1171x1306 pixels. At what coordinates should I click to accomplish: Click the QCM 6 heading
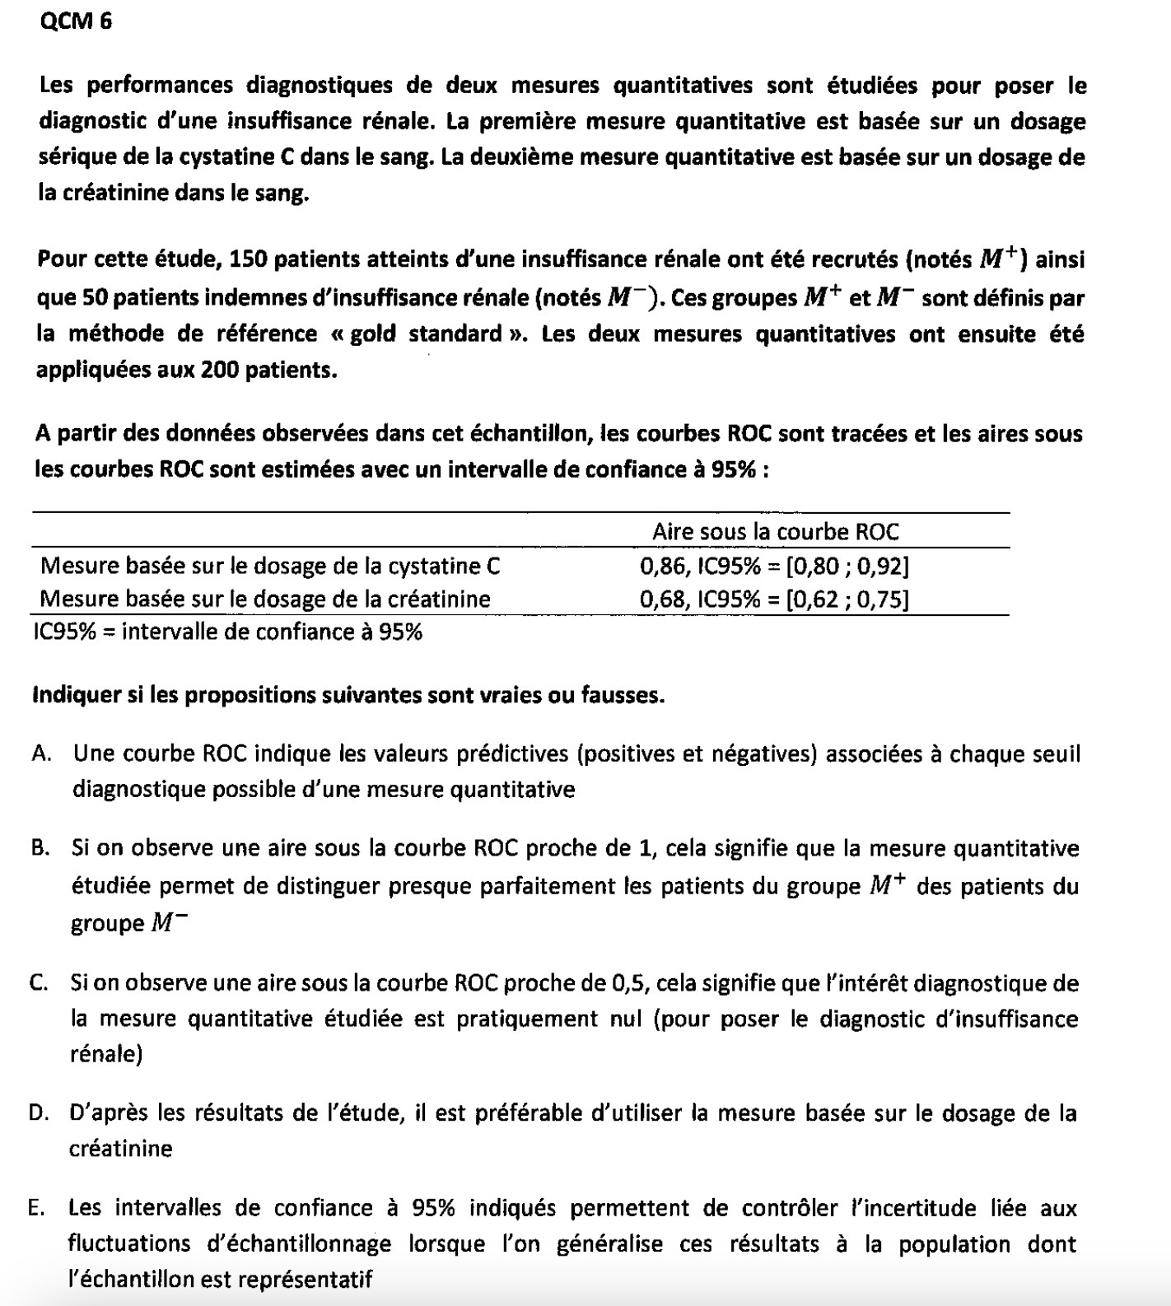coord(75,22)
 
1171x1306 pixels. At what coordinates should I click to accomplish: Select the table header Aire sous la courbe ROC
coord(775,532)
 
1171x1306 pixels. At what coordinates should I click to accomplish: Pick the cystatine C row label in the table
coord(270,566)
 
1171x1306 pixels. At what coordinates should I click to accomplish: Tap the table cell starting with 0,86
coord(774,566)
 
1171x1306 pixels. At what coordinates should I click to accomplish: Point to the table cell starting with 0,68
coord(774,599)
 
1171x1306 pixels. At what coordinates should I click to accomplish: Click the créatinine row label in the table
coord(265,599)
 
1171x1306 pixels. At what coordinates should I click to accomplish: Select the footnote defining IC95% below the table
coord(229,632)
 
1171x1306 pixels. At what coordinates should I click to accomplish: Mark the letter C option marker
coord(38,983)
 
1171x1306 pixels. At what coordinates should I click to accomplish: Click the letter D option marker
coord(38,1114)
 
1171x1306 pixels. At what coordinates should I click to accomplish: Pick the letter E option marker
coord(36,1209)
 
